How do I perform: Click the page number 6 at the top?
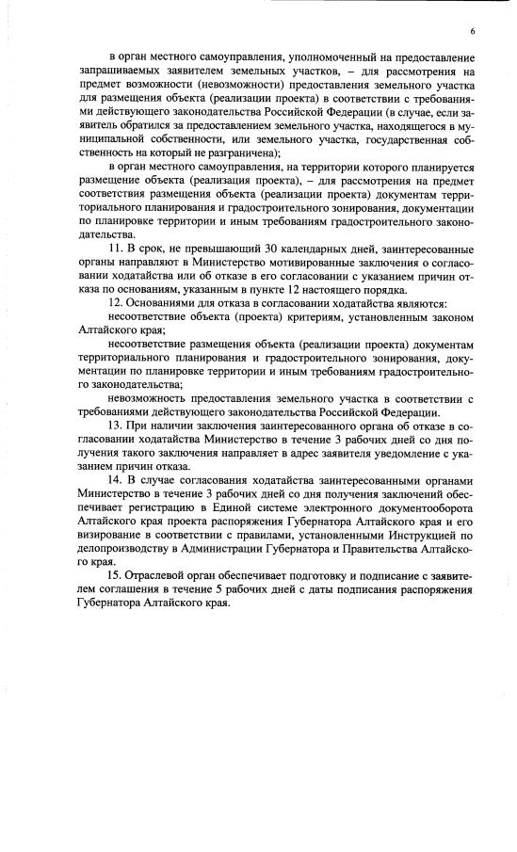tap(471, 32)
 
